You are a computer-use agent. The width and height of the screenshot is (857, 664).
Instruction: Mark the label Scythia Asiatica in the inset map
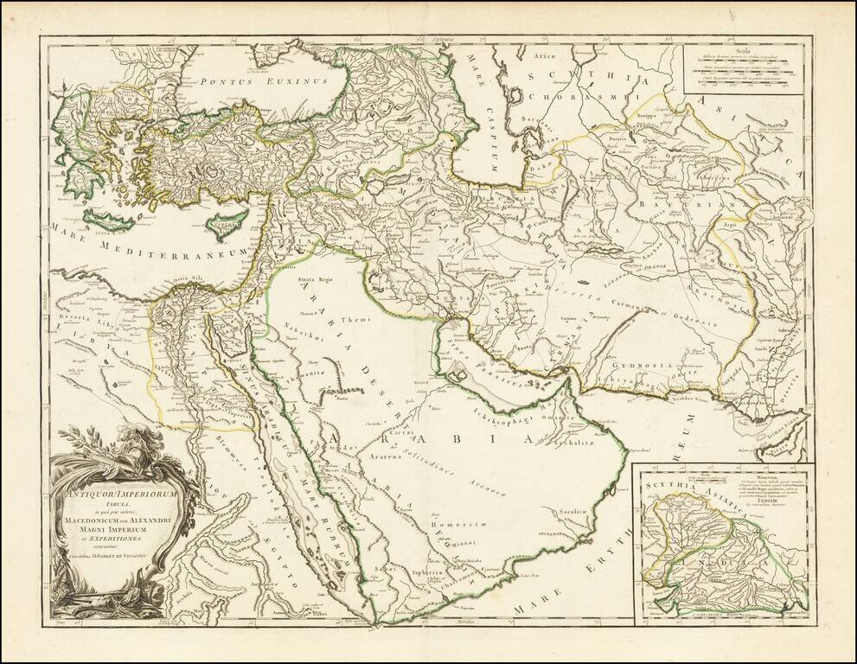click(680, 491)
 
